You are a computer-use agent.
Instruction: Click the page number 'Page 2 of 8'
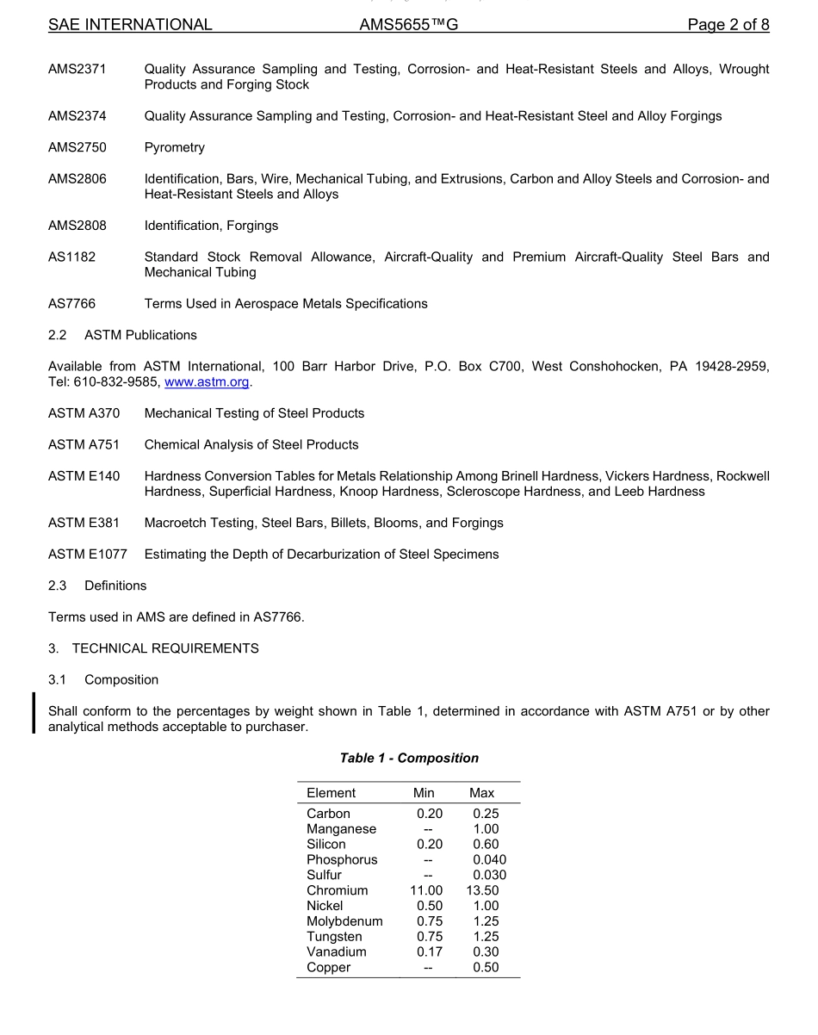coord(728,25)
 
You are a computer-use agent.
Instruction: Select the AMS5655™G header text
coord(408,25)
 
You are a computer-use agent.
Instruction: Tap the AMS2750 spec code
coord(77,147)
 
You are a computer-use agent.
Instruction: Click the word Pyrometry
coord(175,147)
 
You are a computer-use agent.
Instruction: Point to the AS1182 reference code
coord(72,257)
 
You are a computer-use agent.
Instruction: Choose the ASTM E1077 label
coord(87,554)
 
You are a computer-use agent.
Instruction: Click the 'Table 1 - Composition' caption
coord(409,758)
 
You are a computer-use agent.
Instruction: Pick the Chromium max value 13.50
coord(482,890)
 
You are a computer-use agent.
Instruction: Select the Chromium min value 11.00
coord(426,890)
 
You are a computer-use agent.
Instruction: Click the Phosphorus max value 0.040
coord(489,859)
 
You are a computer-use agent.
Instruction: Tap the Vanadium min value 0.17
coord(430,951)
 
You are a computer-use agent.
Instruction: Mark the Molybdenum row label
coord(344,921)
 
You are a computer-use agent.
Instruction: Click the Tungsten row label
coord(334,937)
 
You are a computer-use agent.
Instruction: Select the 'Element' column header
coord(331,793)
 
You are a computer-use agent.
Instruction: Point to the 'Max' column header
coord(481,793)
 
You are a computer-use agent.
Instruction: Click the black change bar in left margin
coord(34,712)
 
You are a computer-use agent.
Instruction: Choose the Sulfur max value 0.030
coord(489,875)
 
